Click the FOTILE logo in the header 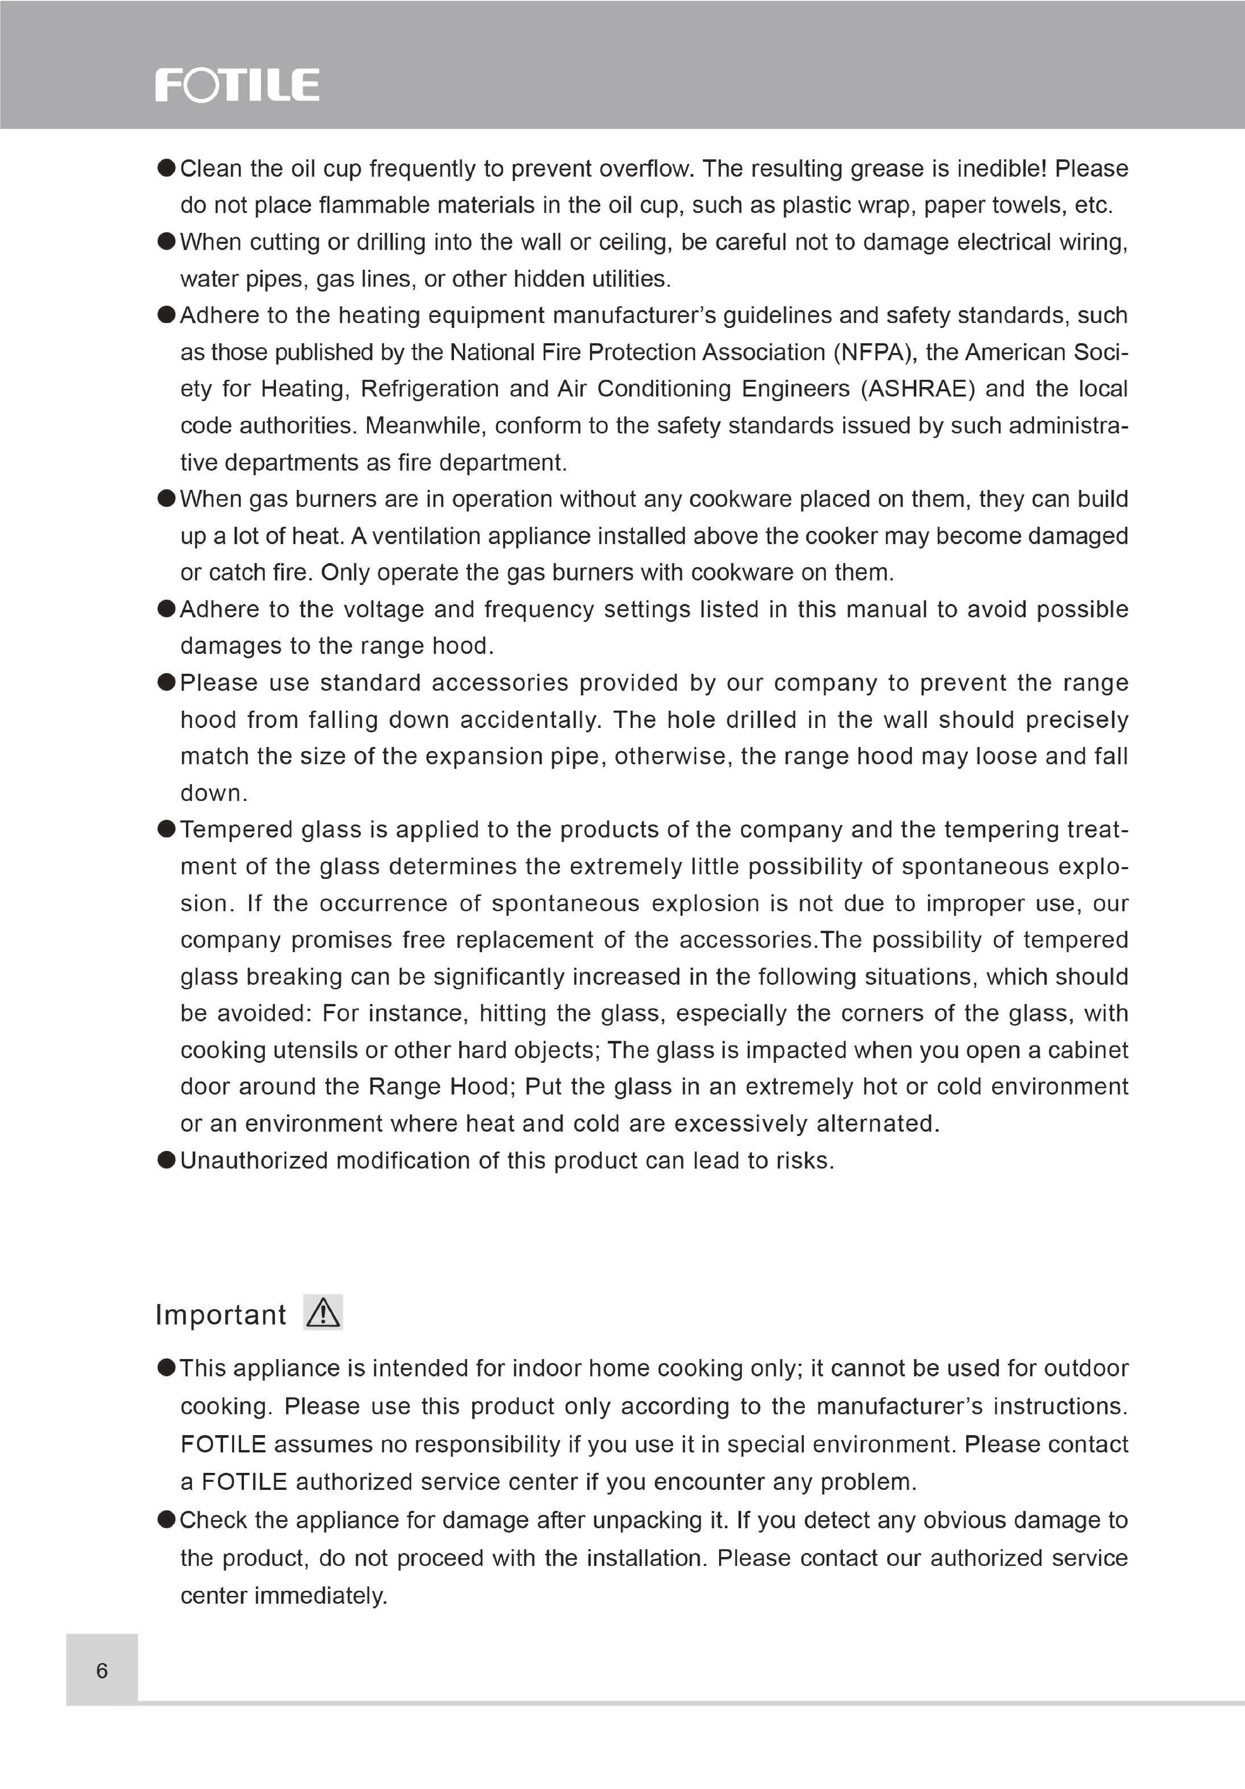237,85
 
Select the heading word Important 220,1314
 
